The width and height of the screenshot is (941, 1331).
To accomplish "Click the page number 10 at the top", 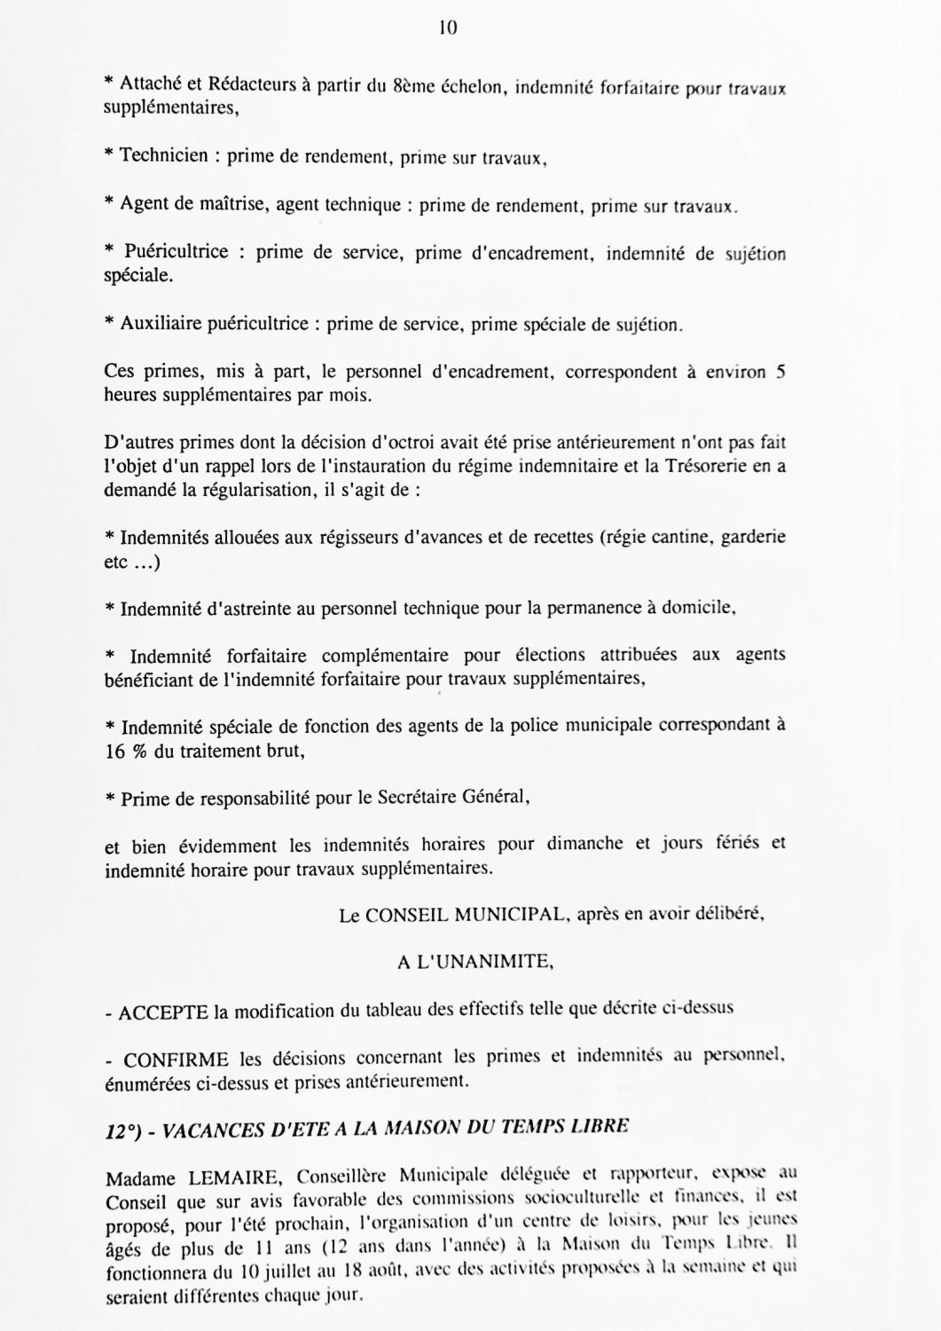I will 448,28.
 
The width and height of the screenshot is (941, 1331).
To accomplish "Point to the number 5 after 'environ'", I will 780,373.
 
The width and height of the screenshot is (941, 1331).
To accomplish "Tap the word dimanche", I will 584,844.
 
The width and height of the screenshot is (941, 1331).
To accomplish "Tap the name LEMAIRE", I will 235,1179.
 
